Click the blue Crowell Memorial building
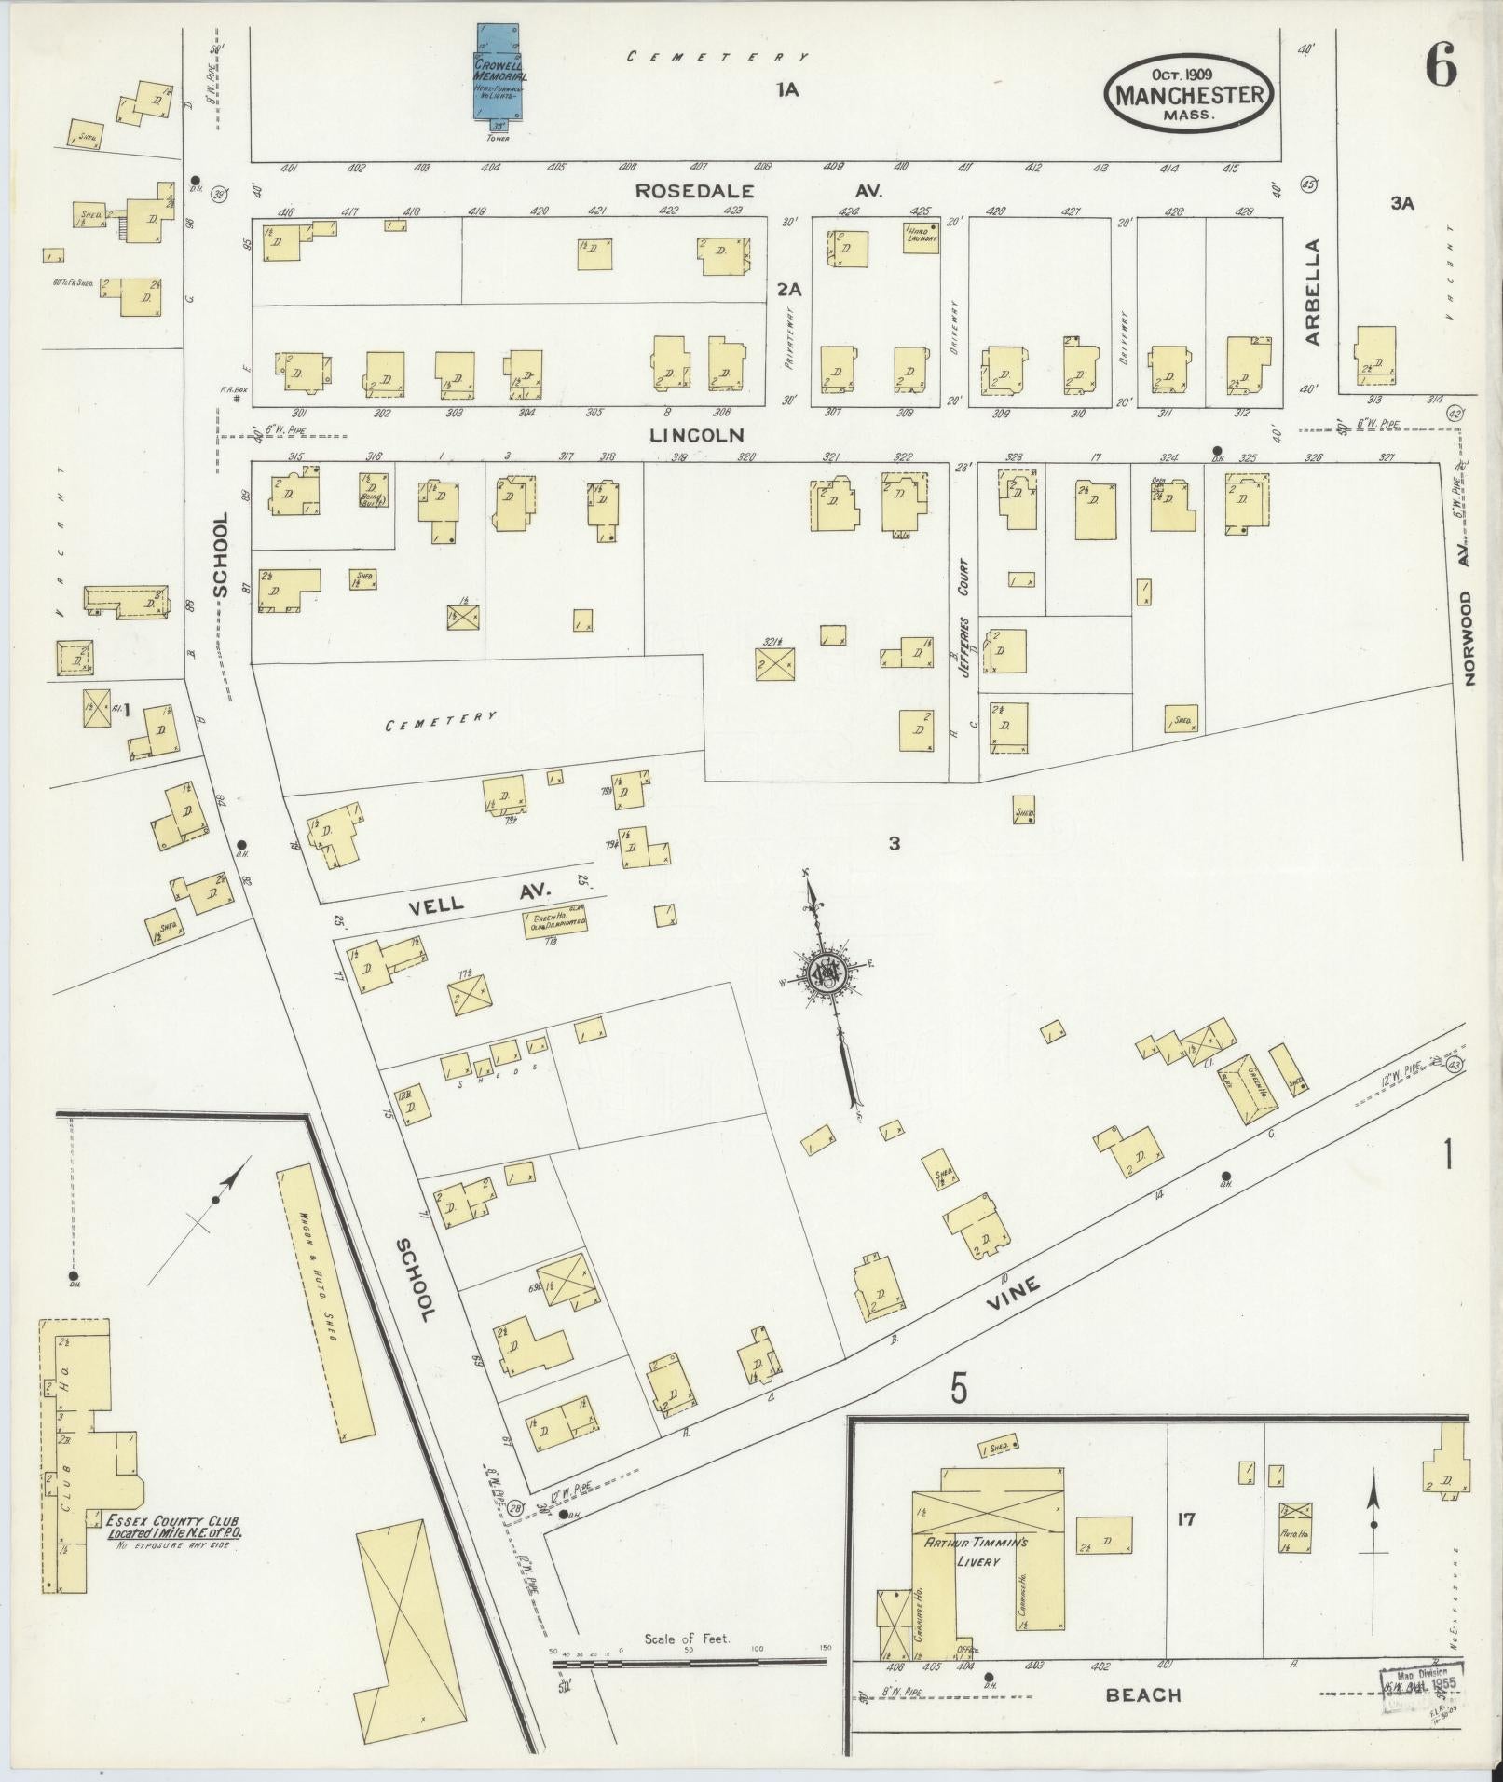499,73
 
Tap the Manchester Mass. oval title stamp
1190,93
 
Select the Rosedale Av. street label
759,190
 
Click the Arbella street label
1313,292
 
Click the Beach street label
1143,1694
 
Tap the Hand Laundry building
921,237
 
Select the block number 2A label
788,290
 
